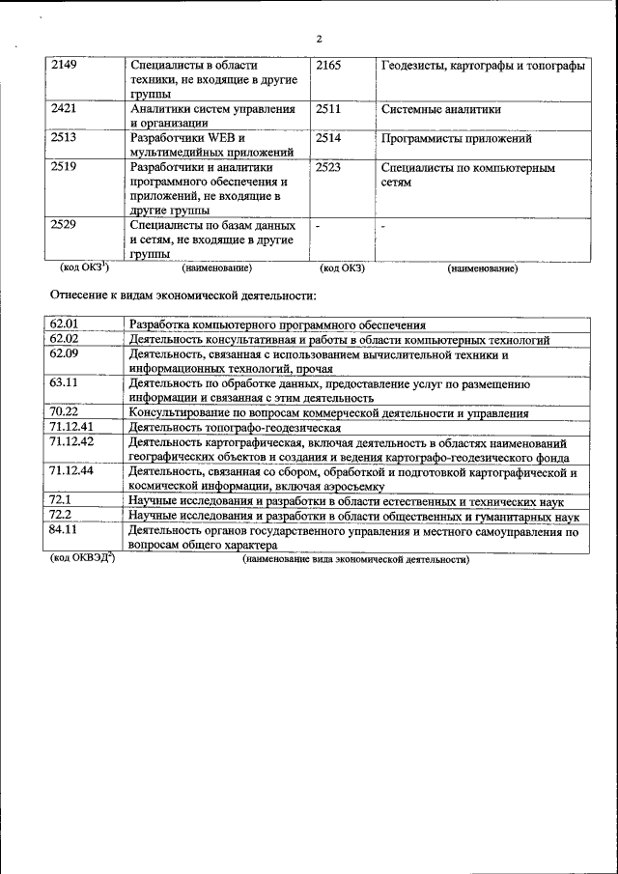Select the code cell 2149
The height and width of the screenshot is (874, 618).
coord(64,65)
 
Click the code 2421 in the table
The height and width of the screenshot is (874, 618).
coord(64,109)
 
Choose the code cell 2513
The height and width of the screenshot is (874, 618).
coord(64,138)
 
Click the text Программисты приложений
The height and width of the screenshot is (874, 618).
coord(457,138)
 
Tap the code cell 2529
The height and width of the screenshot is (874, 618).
coord(64,225)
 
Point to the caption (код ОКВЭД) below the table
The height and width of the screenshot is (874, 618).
coord(82,559)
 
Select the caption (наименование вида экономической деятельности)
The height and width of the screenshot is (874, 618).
coord(355,560)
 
